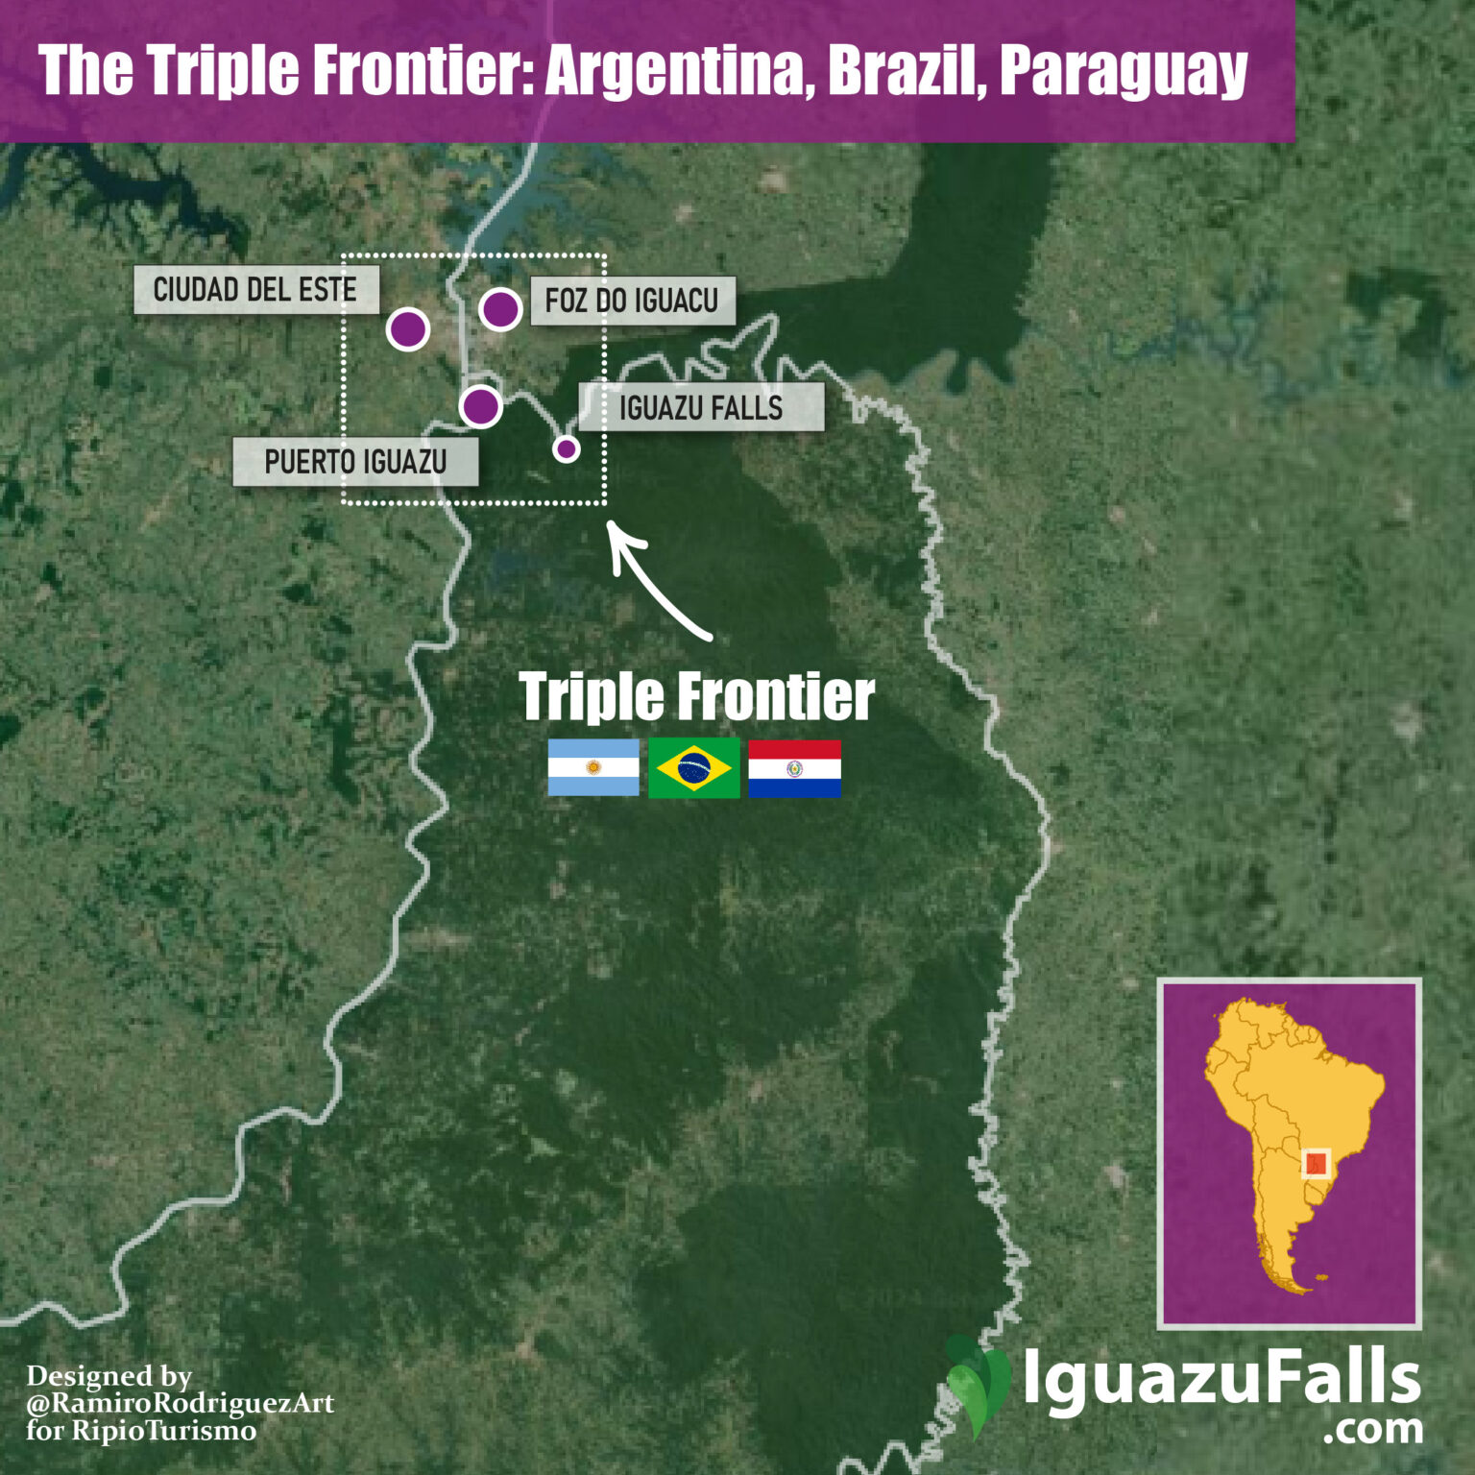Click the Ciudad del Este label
click(x=255, y=290)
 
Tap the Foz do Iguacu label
click(x=632, y=301)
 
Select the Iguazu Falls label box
click(x=701, y=407)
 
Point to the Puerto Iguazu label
click(x=355, y=462)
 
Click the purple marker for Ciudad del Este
click(x=407, y=329)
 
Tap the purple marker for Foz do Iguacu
click(x=500, y=309)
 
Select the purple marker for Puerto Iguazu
click(x=480, y=406)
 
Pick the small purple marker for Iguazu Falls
click(x=567, y=448)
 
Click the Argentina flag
click(x=593, y=768)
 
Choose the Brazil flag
click(x=694, y=768)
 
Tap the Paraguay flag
click(x=794, y=768)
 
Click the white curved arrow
click(x=653, y=584)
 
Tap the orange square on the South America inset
click(x=1316, y=1164)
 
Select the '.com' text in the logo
click(x=1372, y=1429)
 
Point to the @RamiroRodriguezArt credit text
click(x=181, y=1403)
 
